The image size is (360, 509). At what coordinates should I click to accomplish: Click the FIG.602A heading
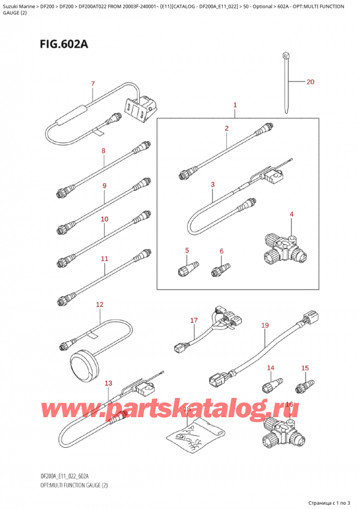(x=64, y=44)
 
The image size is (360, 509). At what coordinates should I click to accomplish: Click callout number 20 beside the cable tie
(x=310, y=82)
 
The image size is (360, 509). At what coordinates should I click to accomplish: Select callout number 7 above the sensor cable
(x=93, y=84)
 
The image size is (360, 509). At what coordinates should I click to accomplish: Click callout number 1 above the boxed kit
(x=235, y=105)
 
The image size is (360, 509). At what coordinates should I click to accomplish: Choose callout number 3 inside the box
(x=212, y=184)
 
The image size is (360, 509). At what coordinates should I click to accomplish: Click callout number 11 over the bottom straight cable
(x=104, y=259)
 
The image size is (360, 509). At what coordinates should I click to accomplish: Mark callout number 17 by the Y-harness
(x=194, y=321)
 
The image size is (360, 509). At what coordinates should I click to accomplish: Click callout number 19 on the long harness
(x=265, y=325)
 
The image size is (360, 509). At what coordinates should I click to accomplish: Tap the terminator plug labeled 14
(x=272, y=384)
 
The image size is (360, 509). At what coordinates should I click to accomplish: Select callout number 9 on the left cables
(x=104, y=185)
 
